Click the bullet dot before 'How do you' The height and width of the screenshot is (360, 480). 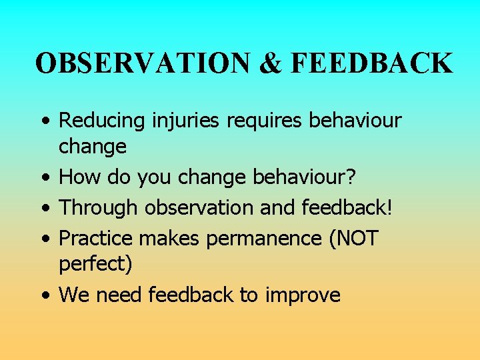pyautogui.click(x=43, y=179)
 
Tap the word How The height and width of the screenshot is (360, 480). pyautogui.click(x=77, y=178)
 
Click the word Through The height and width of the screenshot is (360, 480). pyautogui.click(x=97, y=207)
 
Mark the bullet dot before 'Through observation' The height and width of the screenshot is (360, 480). pyautogui.click(x=43, y=208)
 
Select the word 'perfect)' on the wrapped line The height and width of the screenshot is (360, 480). pyautogui.click(x=95, y=265)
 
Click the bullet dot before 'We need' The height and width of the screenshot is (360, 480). pyautogui.click(x=43, y=295)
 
